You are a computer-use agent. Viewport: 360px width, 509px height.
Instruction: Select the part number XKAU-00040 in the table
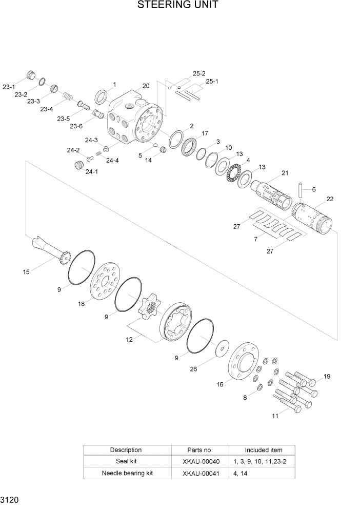(x=201, y=461)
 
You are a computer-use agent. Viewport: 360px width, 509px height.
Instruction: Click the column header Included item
(x=262, y=450)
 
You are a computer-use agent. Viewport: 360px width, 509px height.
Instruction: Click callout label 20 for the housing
(x=146, y=86)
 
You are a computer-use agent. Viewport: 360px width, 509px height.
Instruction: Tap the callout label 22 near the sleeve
(x=330, y=199)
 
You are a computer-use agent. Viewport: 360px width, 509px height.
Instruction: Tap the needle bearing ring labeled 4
(x=235, y=170)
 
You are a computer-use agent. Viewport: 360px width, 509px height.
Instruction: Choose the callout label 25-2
(x=199, y=74)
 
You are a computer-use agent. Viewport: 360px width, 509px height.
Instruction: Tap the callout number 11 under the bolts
(x=275, y=416)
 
